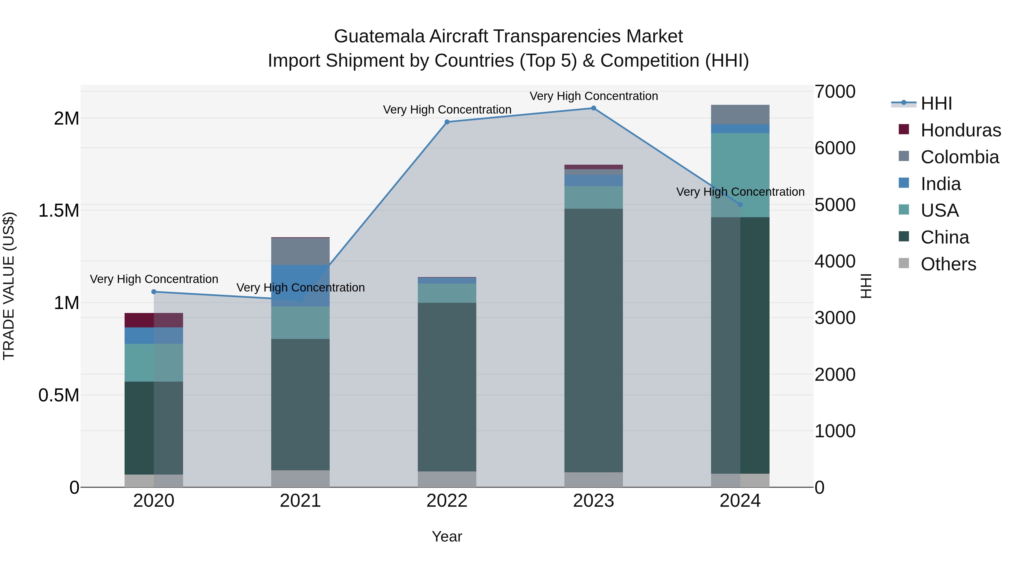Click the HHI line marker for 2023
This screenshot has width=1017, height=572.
(593, 108)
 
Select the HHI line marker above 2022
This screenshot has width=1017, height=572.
(447, 122)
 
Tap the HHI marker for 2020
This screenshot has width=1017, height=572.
(154, 292)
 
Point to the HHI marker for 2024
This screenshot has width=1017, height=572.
(740, 205)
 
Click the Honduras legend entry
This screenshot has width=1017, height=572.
(960, 130)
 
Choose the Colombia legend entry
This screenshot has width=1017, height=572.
(959, 157)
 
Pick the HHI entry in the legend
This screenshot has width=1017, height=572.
(936, 103)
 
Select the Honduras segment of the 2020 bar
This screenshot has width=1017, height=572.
(154, 320)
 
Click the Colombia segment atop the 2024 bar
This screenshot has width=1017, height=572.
(740, 114)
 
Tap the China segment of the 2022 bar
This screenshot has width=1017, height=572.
(447, 387)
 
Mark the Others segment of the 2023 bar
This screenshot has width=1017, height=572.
(593, 480)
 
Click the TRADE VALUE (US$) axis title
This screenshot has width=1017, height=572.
(9, 286)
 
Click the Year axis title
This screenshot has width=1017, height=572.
(447, 536)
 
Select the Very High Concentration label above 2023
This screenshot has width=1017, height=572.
(593, 96)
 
